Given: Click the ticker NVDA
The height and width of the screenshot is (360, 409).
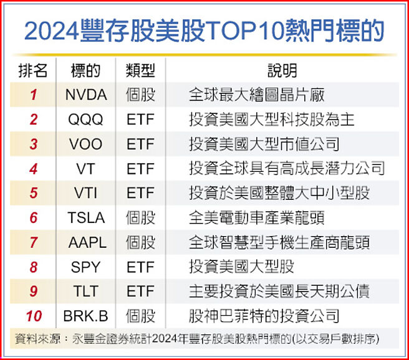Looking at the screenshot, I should pyautogui.click(x=86, y=95).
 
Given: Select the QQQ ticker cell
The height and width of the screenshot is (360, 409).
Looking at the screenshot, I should pyautogui.click(x=86, y=120).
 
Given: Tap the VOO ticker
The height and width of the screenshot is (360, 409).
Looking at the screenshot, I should pyautogui.click(x=86, y=144).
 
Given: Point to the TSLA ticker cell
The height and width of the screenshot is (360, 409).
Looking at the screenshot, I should pyautogui.click(x=86, y=217).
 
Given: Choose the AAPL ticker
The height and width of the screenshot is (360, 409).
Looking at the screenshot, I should pyautogui.click(x=86, y=242).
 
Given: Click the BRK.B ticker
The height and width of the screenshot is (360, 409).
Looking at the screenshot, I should pyautogui.click(x=86, y=316).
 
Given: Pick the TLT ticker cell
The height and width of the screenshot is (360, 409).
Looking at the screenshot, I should pyautogui.click(x=86, y=291).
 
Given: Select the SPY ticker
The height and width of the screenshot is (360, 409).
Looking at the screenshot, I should pyautogui.click(x=86, y=267).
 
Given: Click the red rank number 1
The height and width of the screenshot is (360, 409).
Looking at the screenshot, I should pyautogui.click(x=34, y=95).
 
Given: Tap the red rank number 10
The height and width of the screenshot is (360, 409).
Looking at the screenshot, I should pyautogui.click(x=34, y=316).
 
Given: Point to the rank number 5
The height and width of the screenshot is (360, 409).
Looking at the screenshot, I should pyautogui.click(x=34, y=193).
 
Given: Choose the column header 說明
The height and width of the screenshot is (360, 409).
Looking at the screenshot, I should pyautogui.click(x=282, y=70).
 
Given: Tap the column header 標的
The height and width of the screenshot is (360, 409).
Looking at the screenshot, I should pyautogui.click(x=86, y=70).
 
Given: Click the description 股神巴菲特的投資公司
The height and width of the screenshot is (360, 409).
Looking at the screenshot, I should pyautogui.click(x=264, y=316).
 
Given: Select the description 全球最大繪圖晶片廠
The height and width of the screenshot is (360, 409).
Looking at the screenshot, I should pyautogui.click(x=256, y=95).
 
